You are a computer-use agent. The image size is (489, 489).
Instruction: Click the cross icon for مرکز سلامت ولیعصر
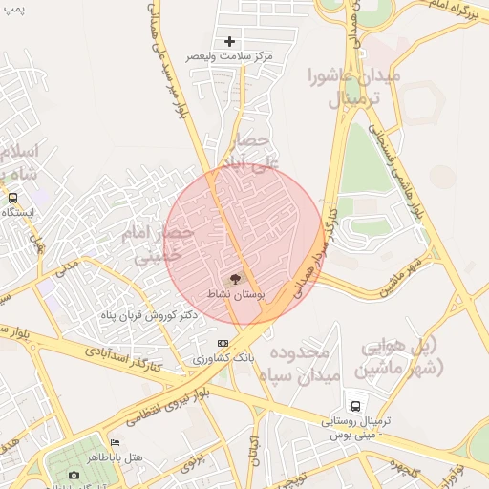(x=229, y=41)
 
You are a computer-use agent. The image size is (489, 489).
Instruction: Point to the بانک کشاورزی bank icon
(x=223, y=343)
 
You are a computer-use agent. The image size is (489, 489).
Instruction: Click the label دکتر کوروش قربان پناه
(x=148, y=315)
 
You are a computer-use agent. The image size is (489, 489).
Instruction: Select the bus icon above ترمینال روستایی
(x=356, y=406)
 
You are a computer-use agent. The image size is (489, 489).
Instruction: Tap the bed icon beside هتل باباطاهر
(x=116, y=442)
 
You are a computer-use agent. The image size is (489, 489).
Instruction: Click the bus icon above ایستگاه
(x=12, y=198)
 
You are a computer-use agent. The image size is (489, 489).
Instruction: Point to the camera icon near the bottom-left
(x=74, y=475)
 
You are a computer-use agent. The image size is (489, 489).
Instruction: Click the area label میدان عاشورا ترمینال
(x=354, y=86)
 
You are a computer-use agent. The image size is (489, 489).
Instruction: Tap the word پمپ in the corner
(x=13, y=8)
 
